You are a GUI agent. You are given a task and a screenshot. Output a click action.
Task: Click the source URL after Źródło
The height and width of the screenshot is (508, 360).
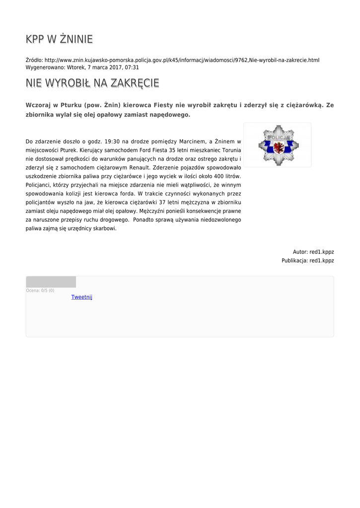(182, 60)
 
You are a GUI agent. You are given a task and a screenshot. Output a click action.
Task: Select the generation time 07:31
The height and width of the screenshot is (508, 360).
(132, 67)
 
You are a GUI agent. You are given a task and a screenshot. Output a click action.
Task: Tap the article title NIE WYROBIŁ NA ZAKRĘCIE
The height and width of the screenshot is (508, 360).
(92, 83)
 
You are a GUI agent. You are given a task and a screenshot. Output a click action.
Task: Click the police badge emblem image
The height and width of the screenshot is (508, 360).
(277, 145)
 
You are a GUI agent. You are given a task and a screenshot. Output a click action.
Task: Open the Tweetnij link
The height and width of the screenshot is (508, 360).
(82, 297)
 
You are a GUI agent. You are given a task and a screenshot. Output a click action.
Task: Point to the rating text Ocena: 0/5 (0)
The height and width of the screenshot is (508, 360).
(40, 290)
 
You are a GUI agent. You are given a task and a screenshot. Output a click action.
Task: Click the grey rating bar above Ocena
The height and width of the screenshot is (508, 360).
(51, 282)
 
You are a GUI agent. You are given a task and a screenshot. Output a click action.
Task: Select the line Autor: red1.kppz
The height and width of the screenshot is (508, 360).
(313, 252)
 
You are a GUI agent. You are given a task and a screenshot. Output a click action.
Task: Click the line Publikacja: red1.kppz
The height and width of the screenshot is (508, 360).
(308, 260)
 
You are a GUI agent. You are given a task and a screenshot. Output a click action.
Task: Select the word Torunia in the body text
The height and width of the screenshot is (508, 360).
(231, 150)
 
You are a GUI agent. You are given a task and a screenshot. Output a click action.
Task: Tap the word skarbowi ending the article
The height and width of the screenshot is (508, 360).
(105, 229)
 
